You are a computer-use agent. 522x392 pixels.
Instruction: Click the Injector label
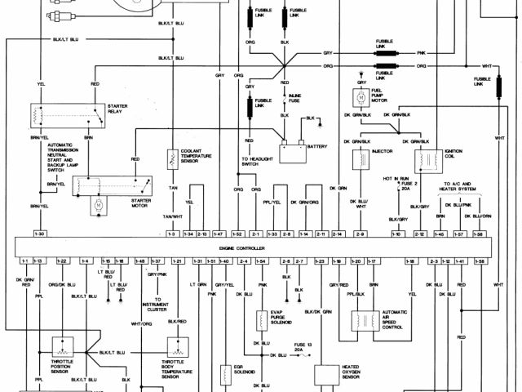click(x=383, y=151)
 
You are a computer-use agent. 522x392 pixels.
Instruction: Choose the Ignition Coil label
click(x=454, y=155)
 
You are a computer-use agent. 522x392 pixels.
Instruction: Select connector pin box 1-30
click(x=38, y=234)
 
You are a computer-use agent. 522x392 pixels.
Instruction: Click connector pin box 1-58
click(x=478, y=234)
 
